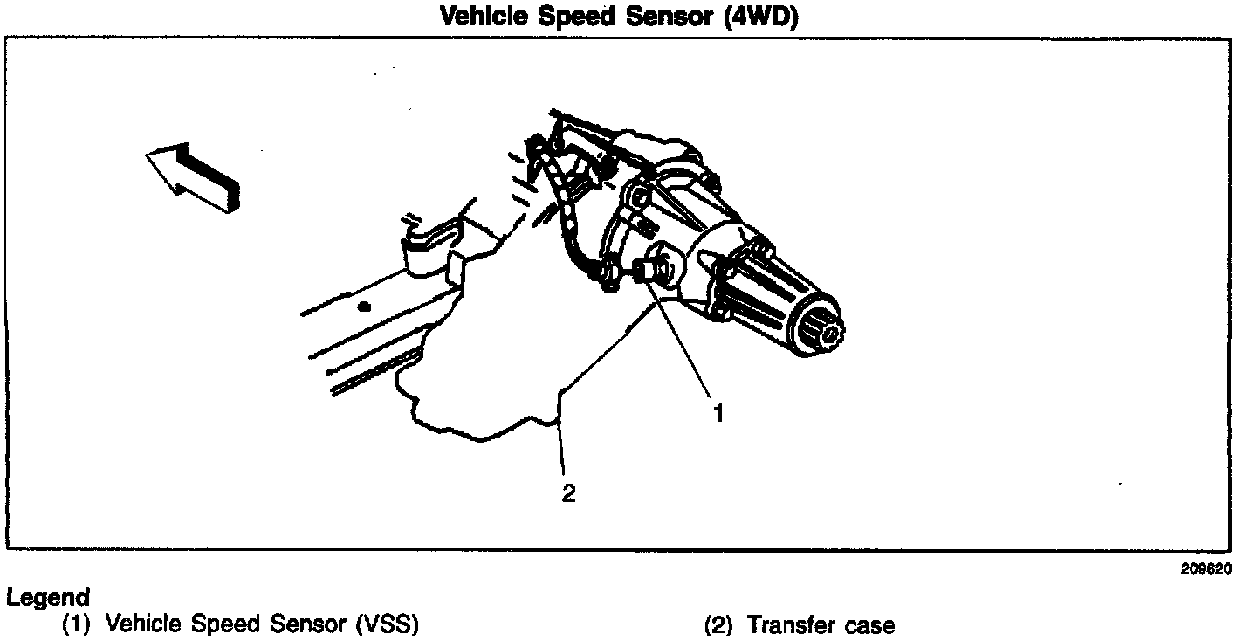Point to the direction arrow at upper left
tap(193, 176)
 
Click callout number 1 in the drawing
tap(718, 413)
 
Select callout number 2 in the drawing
tap(569, 493)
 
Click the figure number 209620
tap(1205, 569)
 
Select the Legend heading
tap(47, 598)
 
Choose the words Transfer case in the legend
tap(821, 625)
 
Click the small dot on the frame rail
tap(364, 306)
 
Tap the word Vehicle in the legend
tap(142, 625)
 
